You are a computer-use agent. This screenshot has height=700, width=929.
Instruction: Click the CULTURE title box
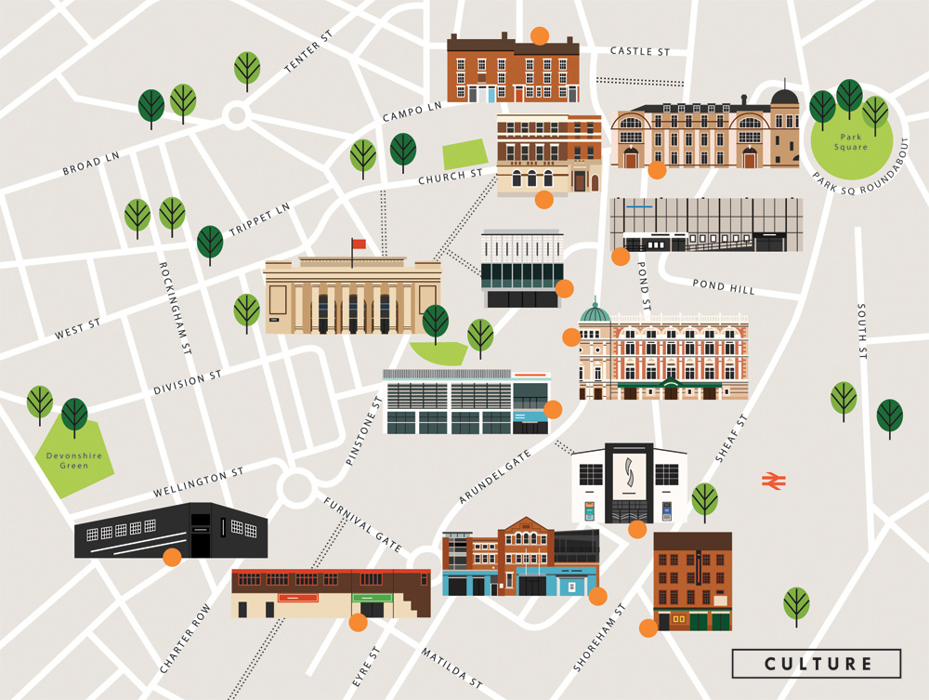[x=817, y=664]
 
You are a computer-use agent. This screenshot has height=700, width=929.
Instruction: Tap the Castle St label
[x=639, y=51]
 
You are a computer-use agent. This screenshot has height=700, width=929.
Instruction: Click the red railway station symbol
[x=774, y=480]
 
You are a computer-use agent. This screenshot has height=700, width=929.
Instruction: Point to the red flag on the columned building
[x=359, y=244]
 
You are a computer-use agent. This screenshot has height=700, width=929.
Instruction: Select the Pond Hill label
[x=724, y=287]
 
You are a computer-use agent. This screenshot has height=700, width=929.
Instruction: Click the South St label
[x=862, y=331]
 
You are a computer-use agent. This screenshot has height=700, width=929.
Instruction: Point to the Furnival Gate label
[x=363, y=525]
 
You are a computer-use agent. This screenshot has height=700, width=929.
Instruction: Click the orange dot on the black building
[x=172, y=557]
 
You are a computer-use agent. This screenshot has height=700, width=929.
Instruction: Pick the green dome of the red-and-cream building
[x=595, y=312]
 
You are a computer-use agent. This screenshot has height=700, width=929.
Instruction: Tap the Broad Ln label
[x=91, y=164]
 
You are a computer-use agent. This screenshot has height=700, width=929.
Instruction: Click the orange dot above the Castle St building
[x=539, y=36]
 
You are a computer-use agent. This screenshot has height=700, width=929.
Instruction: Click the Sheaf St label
[x=732, y=436]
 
